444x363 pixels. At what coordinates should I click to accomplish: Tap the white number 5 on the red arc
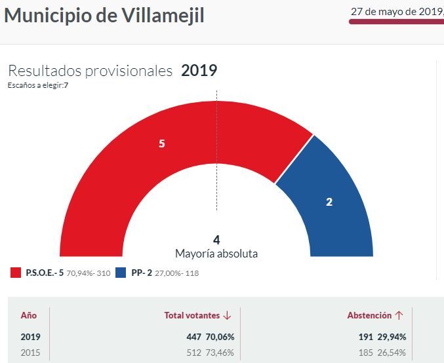[161, 143]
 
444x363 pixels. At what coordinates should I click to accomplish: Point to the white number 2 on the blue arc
[329, 202]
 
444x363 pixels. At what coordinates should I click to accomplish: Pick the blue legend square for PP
[121, 273]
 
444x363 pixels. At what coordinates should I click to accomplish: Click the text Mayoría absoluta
[216, 254]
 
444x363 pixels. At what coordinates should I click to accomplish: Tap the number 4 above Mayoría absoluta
[216, 240]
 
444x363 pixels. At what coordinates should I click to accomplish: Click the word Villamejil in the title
[163, 15]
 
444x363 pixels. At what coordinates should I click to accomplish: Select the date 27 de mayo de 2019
[397, 11]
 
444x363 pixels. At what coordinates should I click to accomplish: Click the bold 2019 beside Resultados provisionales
[199, 71]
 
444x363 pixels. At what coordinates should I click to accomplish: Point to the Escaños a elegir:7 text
[38, 85]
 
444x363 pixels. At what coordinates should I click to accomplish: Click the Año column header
[29, 315]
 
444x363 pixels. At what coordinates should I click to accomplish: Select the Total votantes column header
[192, 315]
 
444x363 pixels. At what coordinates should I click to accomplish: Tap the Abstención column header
[369, 315]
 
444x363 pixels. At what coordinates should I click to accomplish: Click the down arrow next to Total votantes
[228, 315]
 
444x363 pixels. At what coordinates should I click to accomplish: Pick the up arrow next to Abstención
[399, 315]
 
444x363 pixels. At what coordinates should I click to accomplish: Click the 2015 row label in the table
[30, 353]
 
